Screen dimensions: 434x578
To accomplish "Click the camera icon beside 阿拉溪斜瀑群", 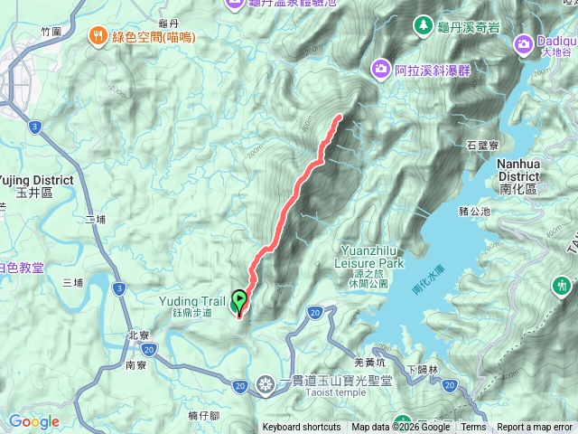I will (x=381, y=67).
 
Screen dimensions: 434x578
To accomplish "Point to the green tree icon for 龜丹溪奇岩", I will (x=421, y=24).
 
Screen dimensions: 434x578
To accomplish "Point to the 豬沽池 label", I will (x=473, y=211).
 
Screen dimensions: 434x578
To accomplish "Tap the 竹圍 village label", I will (x=51, y=31).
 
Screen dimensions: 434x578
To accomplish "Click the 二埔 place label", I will (x=96, y=220).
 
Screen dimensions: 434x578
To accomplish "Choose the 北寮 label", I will (x=137, y=334).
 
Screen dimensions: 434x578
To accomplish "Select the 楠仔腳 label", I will (x=203, y=416).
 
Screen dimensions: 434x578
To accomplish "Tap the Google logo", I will (x=34, y=421).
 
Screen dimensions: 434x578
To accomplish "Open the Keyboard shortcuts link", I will (x=302, y=428).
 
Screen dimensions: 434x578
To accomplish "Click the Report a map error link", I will (x=535, y=428).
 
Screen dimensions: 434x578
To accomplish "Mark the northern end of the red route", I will (x=340, y=116).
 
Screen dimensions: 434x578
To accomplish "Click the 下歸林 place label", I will (x=422, y=369).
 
